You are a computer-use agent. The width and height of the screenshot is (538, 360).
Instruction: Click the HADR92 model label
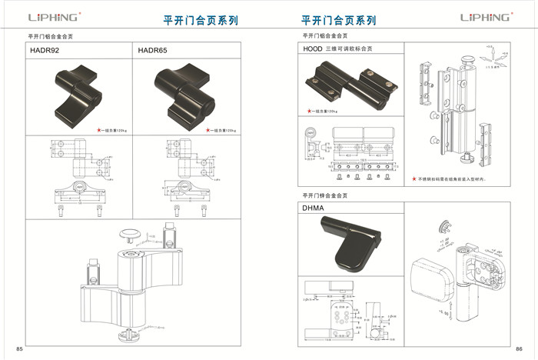[44, 50]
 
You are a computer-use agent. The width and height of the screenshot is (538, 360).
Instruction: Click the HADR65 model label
[152, 50]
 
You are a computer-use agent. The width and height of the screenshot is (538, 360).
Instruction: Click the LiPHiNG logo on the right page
[485, 17]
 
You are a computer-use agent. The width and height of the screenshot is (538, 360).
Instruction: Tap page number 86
[519, 349]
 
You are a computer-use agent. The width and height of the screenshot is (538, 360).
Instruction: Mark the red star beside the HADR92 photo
[99, 130]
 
